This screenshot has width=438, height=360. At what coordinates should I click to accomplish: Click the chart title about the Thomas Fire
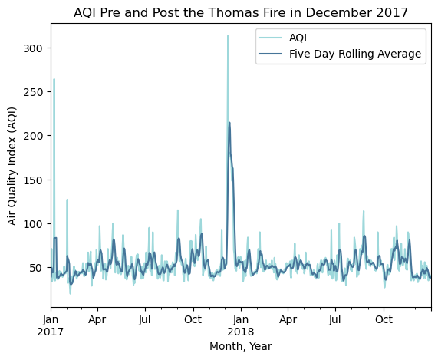coord(241,12)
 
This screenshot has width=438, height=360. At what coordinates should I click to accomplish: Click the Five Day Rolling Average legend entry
coord(340,54)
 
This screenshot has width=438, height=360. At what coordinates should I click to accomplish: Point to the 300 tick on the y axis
coord(33,48)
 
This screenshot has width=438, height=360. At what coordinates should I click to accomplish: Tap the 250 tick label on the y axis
coord(33,92)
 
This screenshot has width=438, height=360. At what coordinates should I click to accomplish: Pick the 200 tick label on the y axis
coord(33,136)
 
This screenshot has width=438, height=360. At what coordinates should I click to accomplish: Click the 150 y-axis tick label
coord(33,180)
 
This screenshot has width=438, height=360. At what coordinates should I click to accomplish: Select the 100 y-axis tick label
coord(33,224)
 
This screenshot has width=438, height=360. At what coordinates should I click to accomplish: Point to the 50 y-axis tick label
coord(36,268)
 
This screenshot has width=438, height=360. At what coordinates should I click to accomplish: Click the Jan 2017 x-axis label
coord(51,325)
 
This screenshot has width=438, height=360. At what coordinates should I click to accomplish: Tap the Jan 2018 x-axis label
coord(241,325)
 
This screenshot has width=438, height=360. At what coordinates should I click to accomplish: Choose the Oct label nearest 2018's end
coord(384,319)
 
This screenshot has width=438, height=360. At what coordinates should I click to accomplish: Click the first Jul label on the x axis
coord(145,319)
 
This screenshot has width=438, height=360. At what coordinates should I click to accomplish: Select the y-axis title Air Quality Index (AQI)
coord(12,166)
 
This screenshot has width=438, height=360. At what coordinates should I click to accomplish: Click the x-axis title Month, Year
coord(241,347)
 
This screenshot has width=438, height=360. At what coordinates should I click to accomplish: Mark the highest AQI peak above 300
coord(228,36)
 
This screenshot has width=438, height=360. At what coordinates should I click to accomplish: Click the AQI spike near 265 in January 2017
coord(54,79)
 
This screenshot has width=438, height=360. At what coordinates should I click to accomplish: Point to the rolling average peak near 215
coord(229,123)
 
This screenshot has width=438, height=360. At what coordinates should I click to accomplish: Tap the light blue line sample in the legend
coord(270,38)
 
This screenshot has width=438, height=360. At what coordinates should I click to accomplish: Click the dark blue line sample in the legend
coord(270,54)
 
